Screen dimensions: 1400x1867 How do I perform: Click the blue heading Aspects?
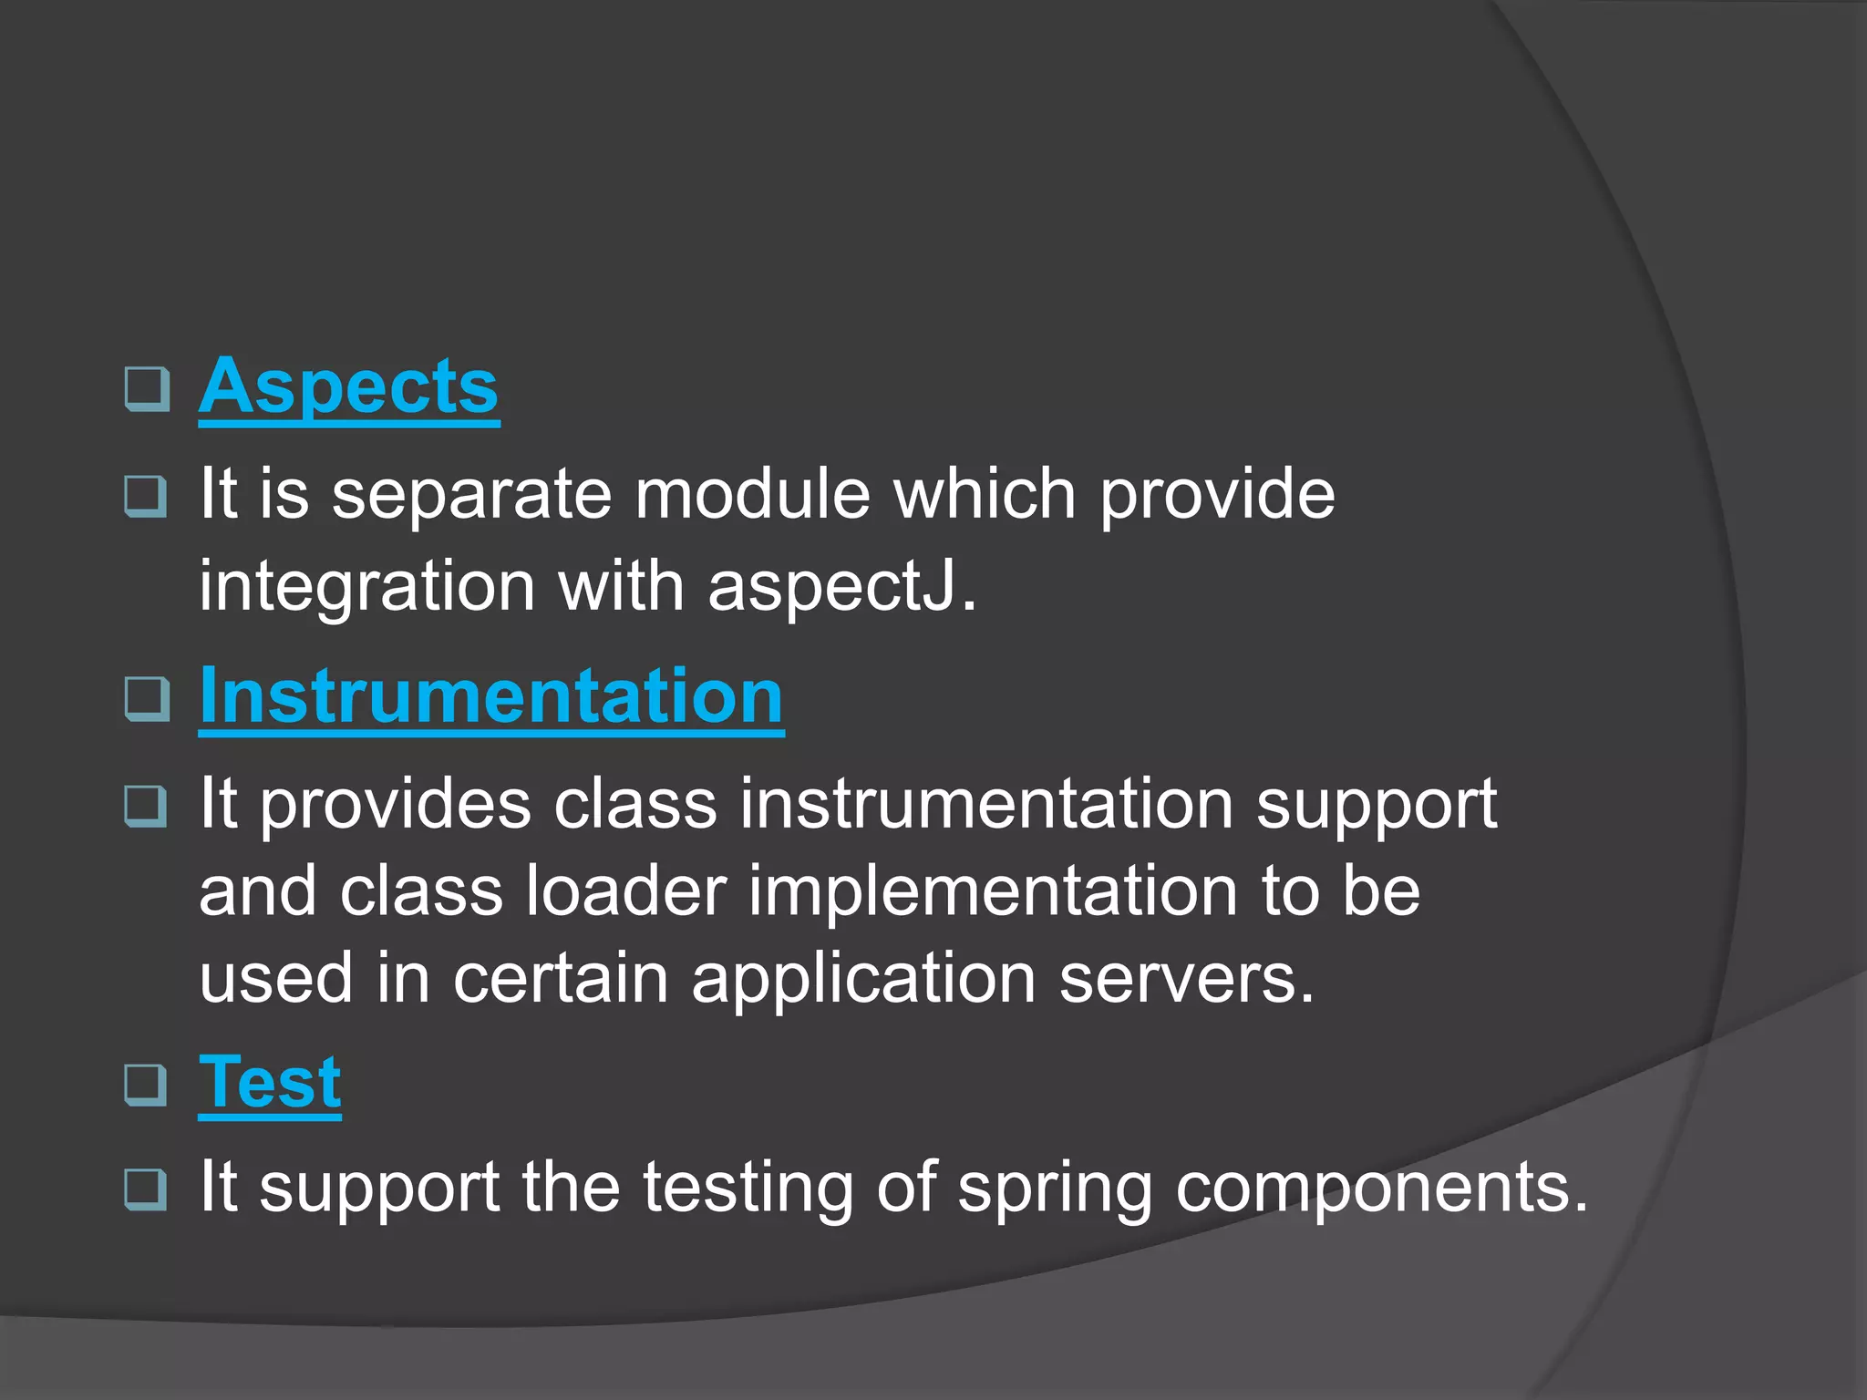pyautogui.click(x=348, y=387)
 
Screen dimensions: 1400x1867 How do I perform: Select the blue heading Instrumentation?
pyautogui.click(x=491, y=697)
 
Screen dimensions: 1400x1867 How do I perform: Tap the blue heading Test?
pyautogui.click(x=270, y=1083)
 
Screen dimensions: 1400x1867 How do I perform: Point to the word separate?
pyautogui.click(x=471, y=495)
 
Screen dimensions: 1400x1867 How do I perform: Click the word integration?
pyautogui.click(x=367, y=588)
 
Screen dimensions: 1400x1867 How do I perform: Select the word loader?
pyautogui.click(x=625, y=891)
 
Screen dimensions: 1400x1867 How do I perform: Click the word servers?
pyautogui.click(x=1186, y=979)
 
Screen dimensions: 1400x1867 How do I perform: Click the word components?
pyautogui.click(x=1380, y=1189)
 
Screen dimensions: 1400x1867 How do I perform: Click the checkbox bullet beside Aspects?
pyautogui.click(x=147, y=389)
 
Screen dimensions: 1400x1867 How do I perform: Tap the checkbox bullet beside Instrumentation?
pyautogui.click(x=147, y=699)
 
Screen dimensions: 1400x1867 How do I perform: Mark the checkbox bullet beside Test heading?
pyautogui.click(x=147, y=1085)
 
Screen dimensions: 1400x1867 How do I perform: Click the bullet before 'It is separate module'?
pyautogui.click(x=147, y=496)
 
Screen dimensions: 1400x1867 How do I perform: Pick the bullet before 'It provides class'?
pyautogui.click(x=147, y=805)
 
